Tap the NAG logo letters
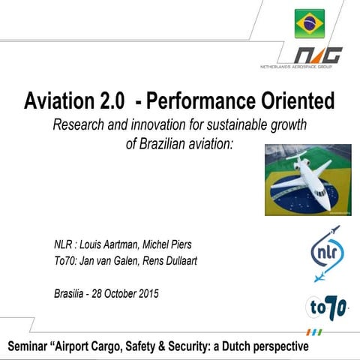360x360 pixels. (x=316, y=55)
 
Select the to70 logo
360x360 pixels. (x=326, y=308)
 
